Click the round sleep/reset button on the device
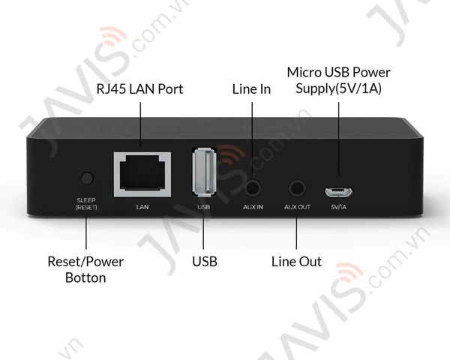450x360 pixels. click(x=87, y=178)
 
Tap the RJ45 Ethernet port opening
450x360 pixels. click(x=142, y=174)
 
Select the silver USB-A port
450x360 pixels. click(x=204, y=172)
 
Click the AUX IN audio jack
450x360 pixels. click(x=253, y=188)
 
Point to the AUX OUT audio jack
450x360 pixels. click(x=297, y=188)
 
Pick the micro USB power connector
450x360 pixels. click(x=339, y=192)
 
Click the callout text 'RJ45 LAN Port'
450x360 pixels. click(x=139, y=89)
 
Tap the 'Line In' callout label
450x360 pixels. click(x=251, y=89)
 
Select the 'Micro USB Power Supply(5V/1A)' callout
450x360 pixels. click(x=339, y=80)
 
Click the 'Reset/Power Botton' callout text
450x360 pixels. click(x=85, y=269)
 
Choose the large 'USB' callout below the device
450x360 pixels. click(x=205, y=261)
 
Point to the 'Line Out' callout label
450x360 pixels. click(x=296, y=262)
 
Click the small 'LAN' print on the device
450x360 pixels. click(x=142, y=207)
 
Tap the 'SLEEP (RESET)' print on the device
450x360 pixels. click(x=86, y=204)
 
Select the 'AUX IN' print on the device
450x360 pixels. click(x=253, y=207)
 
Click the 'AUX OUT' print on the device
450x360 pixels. click(x=297, y=207)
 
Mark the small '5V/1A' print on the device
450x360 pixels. click(x=339, y=207)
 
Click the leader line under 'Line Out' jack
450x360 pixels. click(x=296, y=232)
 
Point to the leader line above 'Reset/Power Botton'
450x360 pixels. click(x=86, y=232)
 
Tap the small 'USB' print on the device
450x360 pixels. click(x=204, y=207)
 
